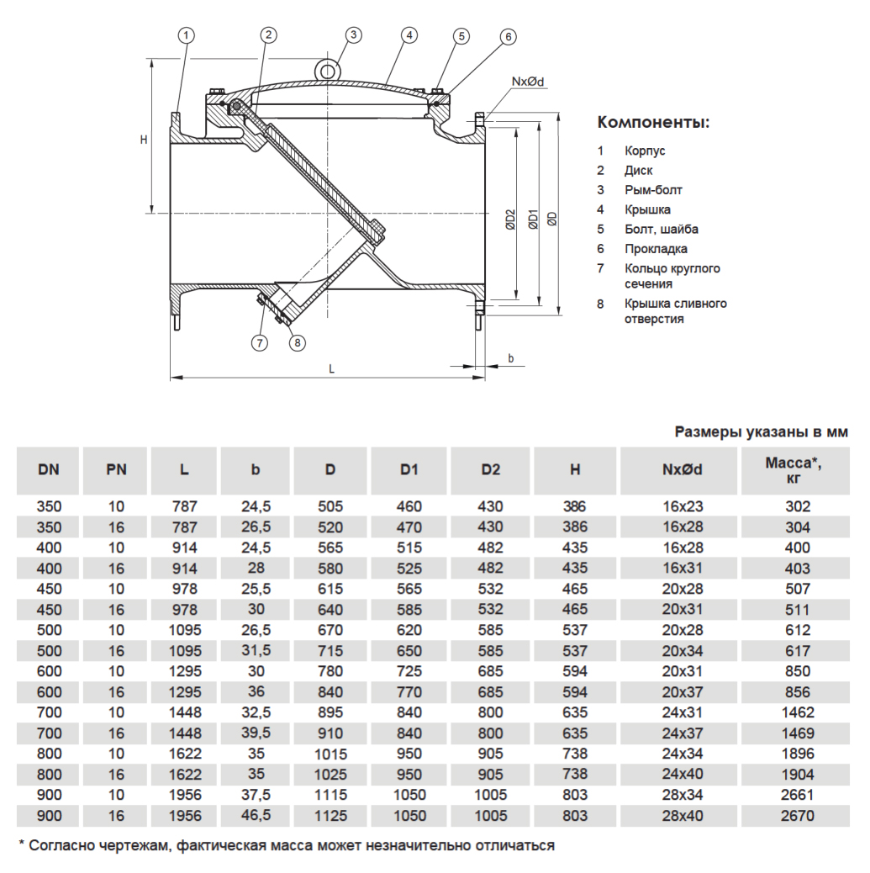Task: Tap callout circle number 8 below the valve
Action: click(x=298, y=342)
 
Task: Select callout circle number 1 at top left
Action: click(x=186, y=34)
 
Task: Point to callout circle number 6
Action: click(x=508, y=36)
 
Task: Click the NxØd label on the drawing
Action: click(x=528, y=82)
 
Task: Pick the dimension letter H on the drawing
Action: click(x=144, y=140)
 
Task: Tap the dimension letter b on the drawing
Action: click(x=510, y=359)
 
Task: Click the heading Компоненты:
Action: click(x=653, y=123)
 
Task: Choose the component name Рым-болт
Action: click(x=653, y=190)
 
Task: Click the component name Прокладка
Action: click(x=656, y=249)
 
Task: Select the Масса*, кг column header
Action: click(x=794, y=469)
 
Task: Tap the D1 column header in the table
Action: click(x=409, y=469)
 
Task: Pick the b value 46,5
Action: click(x=256, y=815)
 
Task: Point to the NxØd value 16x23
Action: click(x=683, y=507)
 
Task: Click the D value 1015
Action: click(x=330, y=754)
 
